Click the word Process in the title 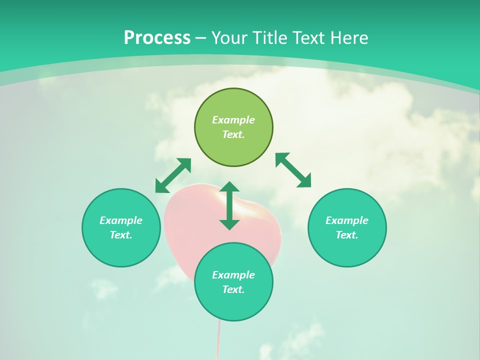[x=157, y=38]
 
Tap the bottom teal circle [x=233, y=305]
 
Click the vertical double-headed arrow [x=229, y=205]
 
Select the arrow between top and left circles [x=173, y=175]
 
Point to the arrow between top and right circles [x=293, y=170]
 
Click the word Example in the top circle [x=233, y=120]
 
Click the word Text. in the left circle [x=121, y=235]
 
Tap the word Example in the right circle [x=347, y=220]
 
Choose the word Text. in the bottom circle [x=233, y=289]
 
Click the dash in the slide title [x=200, y=38]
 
